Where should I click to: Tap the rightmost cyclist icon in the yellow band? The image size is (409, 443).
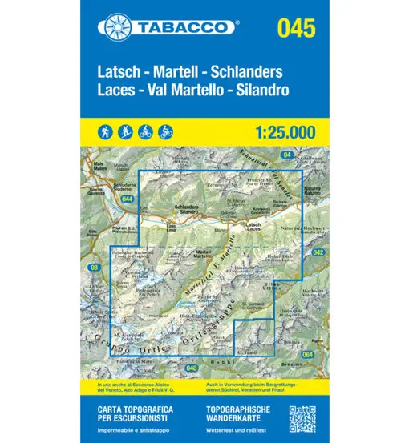(165, 131)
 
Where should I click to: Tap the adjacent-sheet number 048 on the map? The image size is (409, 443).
(190, 367)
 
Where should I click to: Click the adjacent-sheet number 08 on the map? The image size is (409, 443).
(94, 267)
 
